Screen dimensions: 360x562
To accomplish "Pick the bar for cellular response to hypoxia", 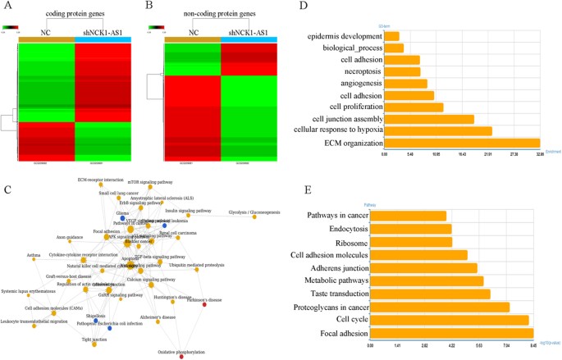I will (437, 130).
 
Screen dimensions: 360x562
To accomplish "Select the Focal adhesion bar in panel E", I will (452, 334).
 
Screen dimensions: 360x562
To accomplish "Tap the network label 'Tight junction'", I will (93, 336).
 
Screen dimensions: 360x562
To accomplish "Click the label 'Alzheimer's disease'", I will (158, 317).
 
